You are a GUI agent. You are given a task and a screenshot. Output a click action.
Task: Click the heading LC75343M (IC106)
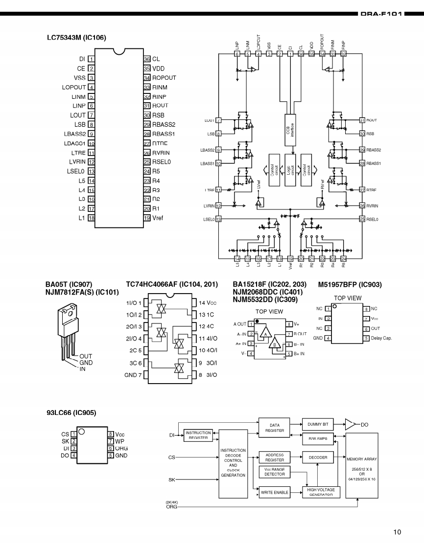click(76, 37)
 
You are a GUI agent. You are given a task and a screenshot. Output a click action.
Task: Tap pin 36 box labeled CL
click(146, 59)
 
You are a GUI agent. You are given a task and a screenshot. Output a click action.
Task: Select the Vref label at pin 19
click(158, 218)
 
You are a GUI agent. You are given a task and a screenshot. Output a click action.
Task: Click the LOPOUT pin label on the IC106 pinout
click(74, 87)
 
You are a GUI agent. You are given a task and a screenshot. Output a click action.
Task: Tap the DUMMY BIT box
click(318, 424)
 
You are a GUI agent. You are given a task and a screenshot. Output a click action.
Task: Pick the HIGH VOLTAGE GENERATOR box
click(321, 492)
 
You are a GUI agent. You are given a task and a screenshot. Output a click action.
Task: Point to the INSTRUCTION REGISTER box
click(198, 435)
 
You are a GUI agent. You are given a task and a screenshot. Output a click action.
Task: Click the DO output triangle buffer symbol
click(351, 424)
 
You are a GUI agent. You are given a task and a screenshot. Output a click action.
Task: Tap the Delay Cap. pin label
click(382, 338)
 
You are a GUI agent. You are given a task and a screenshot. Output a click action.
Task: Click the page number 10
click(397, 532)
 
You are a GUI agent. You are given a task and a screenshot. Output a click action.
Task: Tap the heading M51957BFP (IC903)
click(350, 284)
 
